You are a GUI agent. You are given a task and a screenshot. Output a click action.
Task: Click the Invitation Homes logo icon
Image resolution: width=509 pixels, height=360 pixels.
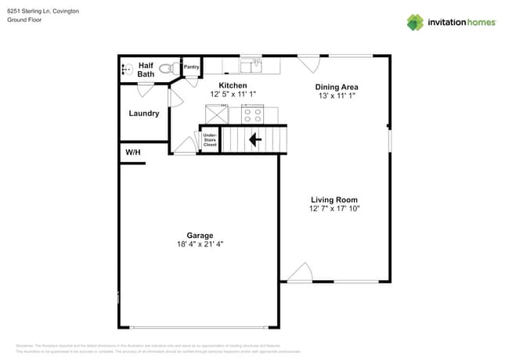point(415,22)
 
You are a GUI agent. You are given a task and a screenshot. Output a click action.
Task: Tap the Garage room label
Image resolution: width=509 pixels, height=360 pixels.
point(200,236)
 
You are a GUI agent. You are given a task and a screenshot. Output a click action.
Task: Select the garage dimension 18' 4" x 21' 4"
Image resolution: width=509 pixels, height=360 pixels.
point(200,244)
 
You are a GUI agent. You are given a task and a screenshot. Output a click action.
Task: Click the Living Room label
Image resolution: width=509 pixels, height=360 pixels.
point(334,200)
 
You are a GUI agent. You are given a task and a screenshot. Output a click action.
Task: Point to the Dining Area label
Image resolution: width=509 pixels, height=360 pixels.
point(336,87)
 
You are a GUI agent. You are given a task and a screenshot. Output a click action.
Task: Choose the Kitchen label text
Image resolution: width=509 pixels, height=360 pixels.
point(233,85)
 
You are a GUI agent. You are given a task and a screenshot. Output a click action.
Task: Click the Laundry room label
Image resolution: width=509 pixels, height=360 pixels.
point(144,113)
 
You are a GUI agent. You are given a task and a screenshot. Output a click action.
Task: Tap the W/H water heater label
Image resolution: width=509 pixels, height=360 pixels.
point(133,152)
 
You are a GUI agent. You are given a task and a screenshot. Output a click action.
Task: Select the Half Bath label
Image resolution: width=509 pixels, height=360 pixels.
point(146,70)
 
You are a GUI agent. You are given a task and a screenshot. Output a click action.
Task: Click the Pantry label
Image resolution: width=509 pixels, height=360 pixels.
point(192,67)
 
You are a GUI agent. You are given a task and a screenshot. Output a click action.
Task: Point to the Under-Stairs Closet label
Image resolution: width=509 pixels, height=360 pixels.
point(210,140)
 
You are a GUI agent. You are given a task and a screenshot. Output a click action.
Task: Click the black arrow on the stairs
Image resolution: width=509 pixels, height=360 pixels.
point(254,140)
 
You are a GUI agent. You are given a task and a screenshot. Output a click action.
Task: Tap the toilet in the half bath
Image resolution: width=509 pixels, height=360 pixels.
point(166,69)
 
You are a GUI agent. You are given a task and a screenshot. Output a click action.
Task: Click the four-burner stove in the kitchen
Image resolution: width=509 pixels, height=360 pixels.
point(253,114)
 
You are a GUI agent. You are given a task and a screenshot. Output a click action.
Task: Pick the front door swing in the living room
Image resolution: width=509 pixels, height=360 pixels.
point(300,272)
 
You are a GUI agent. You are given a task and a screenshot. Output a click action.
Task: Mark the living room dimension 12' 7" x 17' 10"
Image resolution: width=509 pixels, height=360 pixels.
point(334,208)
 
